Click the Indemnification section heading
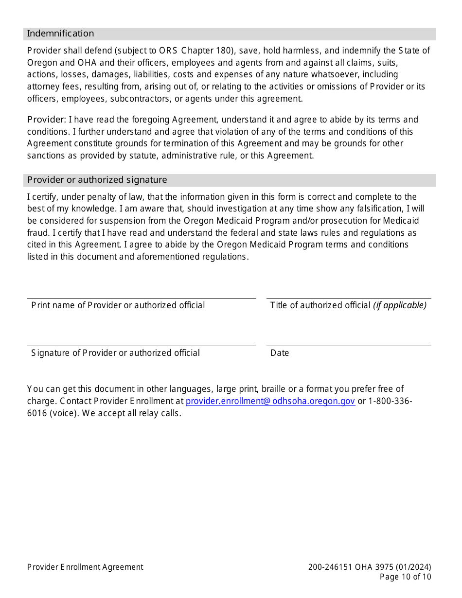[60, 34]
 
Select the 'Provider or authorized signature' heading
[97, 180]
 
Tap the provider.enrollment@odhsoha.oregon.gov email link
[270, 401]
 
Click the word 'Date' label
[280, 353]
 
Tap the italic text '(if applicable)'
[400, 305]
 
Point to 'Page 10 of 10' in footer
[405, 577]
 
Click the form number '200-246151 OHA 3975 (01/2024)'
[370, 567]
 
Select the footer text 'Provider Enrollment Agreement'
[85, 567]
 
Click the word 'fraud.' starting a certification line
[38, 232]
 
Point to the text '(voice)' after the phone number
[64, 413]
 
